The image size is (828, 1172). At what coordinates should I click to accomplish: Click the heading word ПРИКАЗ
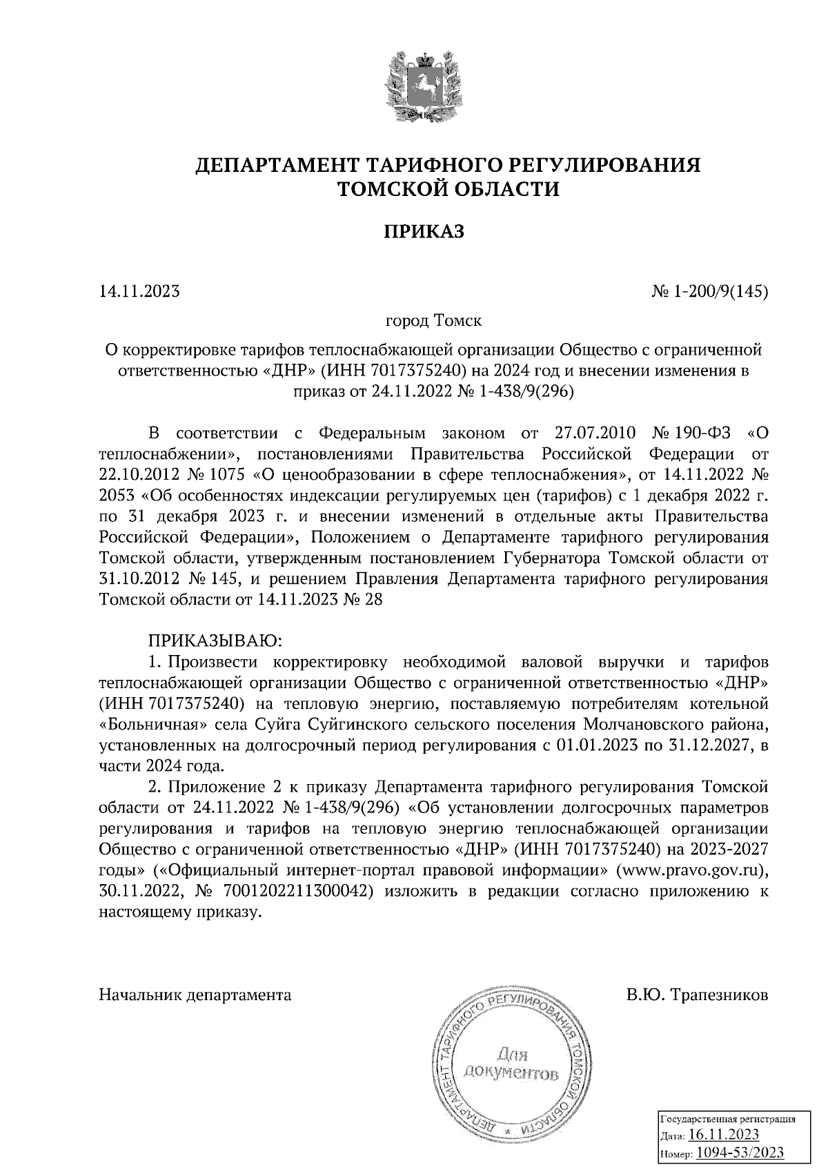tap(424, 231)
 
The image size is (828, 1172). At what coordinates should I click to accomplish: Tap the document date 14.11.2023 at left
tap(139, 291)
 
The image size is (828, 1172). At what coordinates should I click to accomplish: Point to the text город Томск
tap(433, 322)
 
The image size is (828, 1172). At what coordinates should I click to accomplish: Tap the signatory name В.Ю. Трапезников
tap(697, 995)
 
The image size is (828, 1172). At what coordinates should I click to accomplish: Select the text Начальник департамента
tap(195, 995)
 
